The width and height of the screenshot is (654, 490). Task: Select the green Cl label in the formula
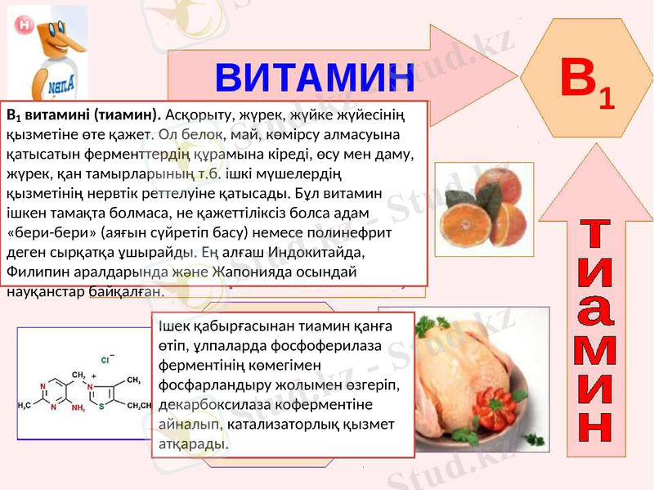(105, 359)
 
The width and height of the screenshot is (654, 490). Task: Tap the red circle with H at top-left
(24, 25)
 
